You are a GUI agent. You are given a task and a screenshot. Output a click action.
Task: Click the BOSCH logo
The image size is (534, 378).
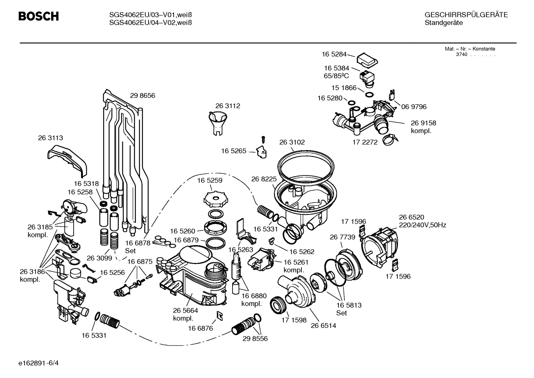tap(39, 17)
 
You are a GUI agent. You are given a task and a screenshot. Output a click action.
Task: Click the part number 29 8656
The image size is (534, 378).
tap(142, 96)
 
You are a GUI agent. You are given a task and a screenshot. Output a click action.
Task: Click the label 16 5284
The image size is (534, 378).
tap(334, 54)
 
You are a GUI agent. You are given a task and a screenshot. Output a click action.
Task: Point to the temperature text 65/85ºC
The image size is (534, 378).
tap(336, 76)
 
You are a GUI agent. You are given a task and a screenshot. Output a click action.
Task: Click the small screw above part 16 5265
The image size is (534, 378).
tap(264, 139)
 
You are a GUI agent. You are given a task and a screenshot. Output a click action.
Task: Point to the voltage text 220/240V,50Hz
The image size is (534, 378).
tap(422, 225)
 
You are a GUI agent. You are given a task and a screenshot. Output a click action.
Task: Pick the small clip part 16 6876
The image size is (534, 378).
tap(220, 315)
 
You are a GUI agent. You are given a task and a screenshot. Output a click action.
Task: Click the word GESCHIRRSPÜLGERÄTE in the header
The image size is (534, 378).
tap(466, 15)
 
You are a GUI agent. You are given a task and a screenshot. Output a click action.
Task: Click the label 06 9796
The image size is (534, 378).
tap(414, 107)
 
